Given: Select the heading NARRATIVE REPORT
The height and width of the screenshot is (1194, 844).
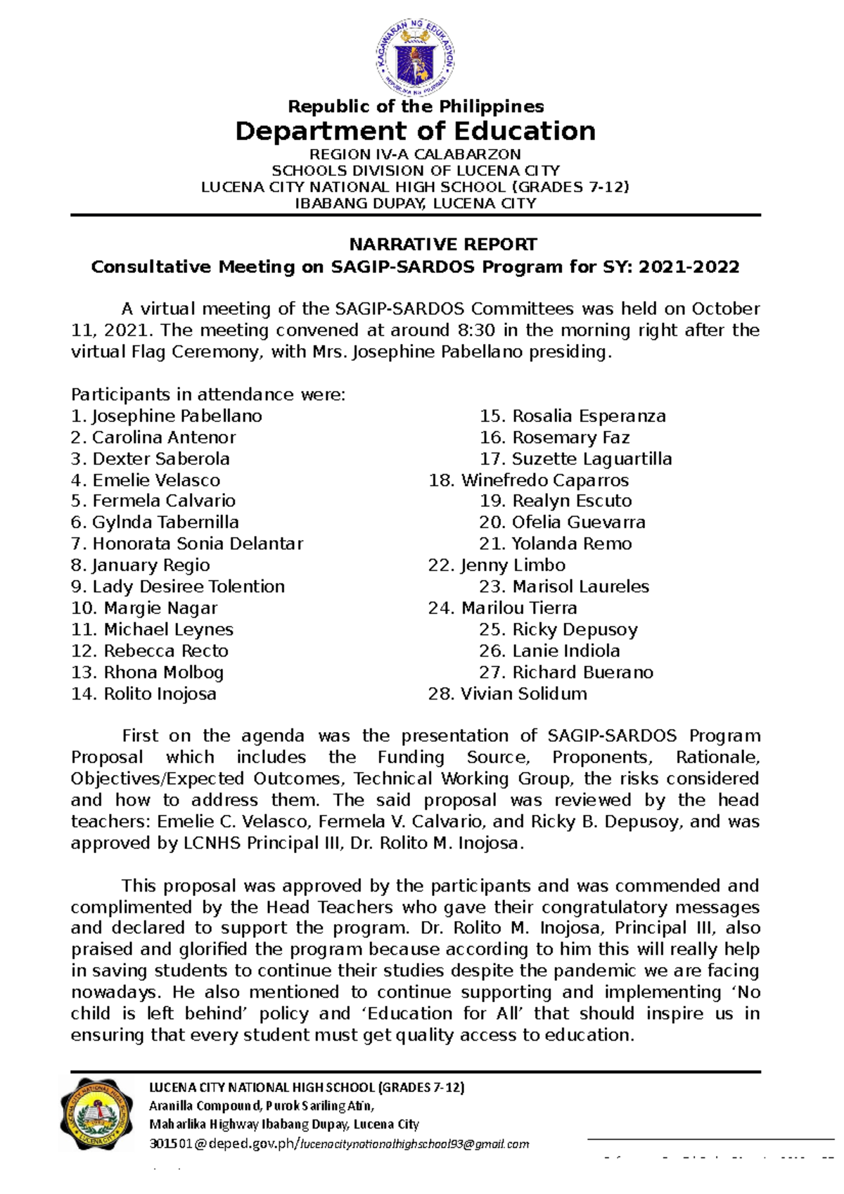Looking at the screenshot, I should (443, 245).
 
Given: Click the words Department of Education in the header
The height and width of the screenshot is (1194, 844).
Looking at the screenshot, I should (415, 131).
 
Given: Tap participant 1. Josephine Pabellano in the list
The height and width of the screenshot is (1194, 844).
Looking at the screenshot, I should (167, 416).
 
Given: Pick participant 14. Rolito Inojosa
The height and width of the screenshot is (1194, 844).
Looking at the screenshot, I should (143, 694).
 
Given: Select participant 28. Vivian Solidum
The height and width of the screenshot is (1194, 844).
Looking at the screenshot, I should (507, 694).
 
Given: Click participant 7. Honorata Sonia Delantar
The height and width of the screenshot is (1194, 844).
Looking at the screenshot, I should (187, 544).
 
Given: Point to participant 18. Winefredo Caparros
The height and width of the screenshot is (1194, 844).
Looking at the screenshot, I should (528, 480).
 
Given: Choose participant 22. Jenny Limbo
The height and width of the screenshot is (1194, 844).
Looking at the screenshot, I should (497, 565).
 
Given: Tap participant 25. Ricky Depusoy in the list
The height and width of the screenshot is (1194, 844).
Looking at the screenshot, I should (558, 629).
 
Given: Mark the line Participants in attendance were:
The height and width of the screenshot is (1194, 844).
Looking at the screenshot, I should (208, 394).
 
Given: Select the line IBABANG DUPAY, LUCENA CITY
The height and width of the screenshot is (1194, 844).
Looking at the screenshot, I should (415, 204).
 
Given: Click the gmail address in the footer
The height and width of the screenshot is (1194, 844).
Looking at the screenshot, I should (415, 1144).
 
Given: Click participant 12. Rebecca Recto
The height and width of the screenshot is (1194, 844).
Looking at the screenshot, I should (150, 651).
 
